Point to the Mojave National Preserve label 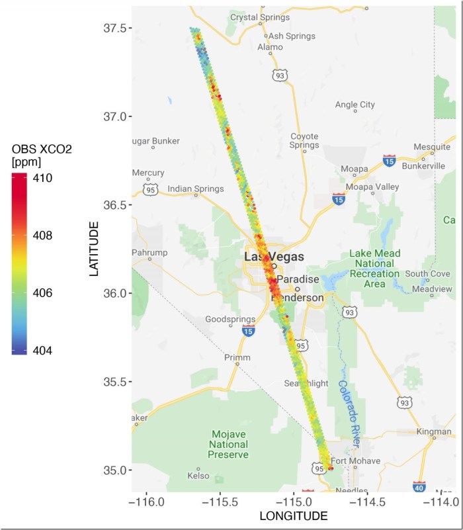click(x=229, y=444)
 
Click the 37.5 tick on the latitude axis click(x=116, y=28)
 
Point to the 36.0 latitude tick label click(x=116, y=293)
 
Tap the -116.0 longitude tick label click(x=147, y=503)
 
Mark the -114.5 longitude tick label click(x=367, y=503)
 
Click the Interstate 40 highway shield click(x=419, y=487)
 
